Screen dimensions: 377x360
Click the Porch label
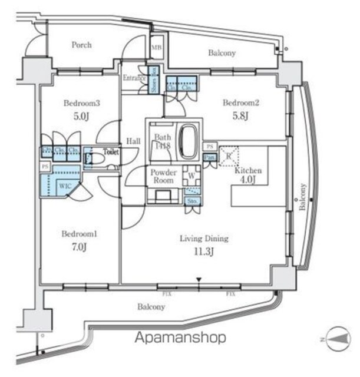point(82,44)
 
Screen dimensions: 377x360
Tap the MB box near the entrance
point(156,48)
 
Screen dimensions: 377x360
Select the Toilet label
point(111,151)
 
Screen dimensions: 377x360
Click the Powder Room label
point(164,177)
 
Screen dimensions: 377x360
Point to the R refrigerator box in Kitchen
point(229,157)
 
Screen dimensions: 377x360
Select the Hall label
point(133,141)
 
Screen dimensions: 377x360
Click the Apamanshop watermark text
point(180,338)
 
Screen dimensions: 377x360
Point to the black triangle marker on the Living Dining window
point(199,280)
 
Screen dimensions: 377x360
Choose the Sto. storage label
point(192,201)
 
